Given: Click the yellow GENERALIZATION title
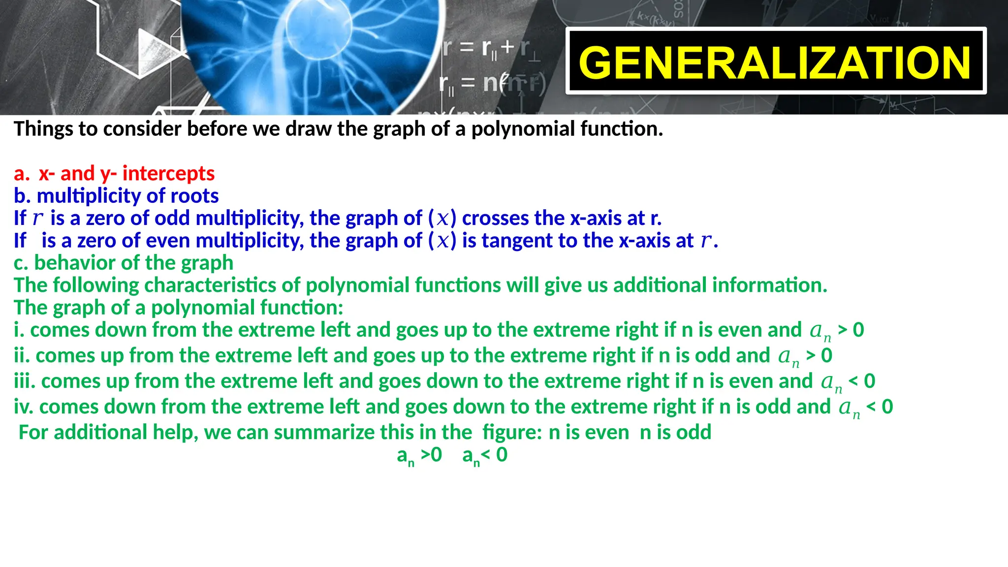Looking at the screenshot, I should click(775, 63).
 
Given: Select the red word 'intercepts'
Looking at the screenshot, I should click(168, 173).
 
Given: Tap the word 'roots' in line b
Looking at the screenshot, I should click(194, 196).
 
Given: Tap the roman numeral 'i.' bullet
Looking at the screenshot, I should click(19, 330).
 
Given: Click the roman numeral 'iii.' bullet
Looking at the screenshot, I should click(25, 381).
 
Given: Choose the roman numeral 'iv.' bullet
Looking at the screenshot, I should click(23, 407).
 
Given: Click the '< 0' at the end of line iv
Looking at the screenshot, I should click(880, 407).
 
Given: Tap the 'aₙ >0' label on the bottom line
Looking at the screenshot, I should click(419, 455).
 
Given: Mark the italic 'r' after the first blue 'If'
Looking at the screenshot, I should click(38, 218).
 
